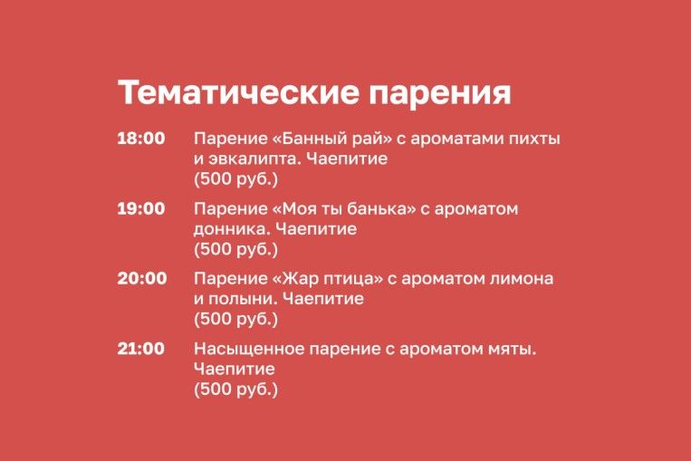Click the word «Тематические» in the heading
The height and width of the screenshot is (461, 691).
[238, 92]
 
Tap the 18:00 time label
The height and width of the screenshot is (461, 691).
[141, 139]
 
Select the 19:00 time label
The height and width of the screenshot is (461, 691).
[141, 208]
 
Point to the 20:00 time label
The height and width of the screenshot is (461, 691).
[142, 279]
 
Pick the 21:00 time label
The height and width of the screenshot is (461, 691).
[140, 349]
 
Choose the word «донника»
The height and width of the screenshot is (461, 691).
[232, 230]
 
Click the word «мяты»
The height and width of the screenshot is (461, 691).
[513, 349]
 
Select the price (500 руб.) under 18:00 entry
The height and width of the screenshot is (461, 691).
[236, 179]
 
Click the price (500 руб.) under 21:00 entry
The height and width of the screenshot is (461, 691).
[236, 389]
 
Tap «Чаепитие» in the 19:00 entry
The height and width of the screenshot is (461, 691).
[316, 229]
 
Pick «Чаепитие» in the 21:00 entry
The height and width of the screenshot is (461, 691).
[235, 370]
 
